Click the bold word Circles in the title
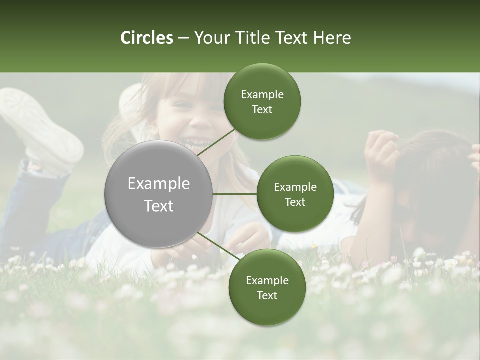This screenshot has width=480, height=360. coord(146,38)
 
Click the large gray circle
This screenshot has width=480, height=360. coord(158,194)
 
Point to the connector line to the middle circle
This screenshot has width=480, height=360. coord(235,194)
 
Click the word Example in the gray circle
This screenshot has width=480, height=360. coord(158,183)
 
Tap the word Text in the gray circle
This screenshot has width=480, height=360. coord(158,206)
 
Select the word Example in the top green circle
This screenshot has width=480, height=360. coord(262,94)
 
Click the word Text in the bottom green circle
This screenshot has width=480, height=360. coord(267,295)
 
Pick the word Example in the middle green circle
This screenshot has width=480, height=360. coord(295,187)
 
